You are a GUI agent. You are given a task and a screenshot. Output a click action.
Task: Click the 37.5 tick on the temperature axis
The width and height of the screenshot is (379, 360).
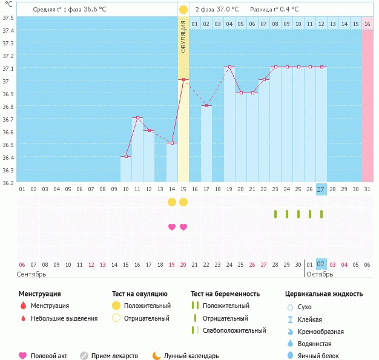coord(8,18)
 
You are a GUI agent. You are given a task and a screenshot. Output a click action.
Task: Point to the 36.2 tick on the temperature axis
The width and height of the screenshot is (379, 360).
coord(8,183)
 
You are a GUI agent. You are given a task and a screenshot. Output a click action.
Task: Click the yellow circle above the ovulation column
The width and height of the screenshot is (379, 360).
coord(183,10)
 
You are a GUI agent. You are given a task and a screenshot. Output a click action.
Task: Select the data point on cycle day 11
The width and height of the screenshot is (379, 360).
coord(137,118)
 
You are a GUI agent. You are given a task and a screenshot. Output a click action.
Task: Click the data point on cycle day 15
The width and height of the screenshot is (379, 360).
coord(183,79)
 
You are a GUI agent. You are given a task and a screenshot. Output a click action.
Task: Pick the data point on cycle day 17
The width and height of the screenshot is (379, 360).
coord(206,105)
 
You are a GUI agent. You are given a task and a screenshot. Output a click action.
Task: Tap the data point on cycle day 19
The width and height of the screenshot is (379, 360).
coord(229,67)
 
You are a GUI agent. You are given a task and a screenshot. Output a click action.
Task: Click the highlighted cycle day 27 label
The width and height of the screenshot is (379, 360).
coord(321,189)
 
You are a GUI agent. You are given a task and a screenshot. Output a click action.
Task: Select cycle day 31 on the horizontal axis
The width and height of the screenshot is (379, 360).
coord(367,189)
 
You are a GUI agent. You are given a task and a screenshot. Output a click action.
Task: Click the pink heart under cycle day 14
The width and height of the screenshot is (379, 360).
coord(172,227)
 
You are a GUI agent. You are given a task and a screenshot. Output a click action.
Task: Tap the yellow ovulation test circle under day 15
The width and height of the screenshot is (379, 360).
coord(183,201)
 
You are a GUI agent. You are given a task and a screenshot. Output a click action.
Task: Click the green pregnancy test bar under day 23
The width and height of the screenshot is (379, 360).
coord(275,214)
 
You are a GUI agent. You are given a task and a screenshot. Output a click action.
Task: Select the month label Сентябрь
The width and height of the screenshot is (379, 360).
coord(31,273)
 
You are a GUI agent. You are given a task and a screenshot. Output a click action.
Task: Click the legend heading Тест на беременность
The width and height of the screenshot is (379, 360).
coord(225,294)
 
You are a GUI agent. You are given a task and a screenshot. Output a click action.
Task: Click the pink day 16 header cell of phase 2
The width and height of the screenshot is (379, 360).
coord(367,24)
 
